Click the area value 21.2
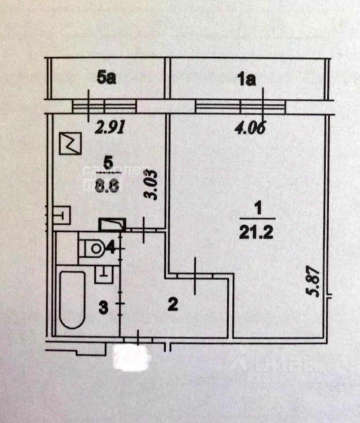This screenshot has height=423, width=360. (x=256, y=231)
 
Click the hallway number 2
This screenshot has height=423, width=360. (x=173, y=304)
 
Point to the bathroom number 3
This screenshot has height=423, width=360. (x=104, y=308)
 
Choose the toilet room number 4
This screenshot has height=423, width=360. (x=111, y=248)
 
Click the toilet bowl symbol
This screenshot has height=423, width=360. (x=93, y=249)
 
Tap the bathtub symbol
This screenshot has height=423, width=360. (x=72, y=299)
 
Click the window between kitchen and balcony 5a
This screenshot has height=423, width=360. (x=104, y=106)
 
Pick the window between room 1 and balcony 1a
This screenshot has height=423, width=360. (x=240, y=106)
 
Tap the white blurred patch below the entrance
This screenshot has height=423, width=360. (x=132, y=357)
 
